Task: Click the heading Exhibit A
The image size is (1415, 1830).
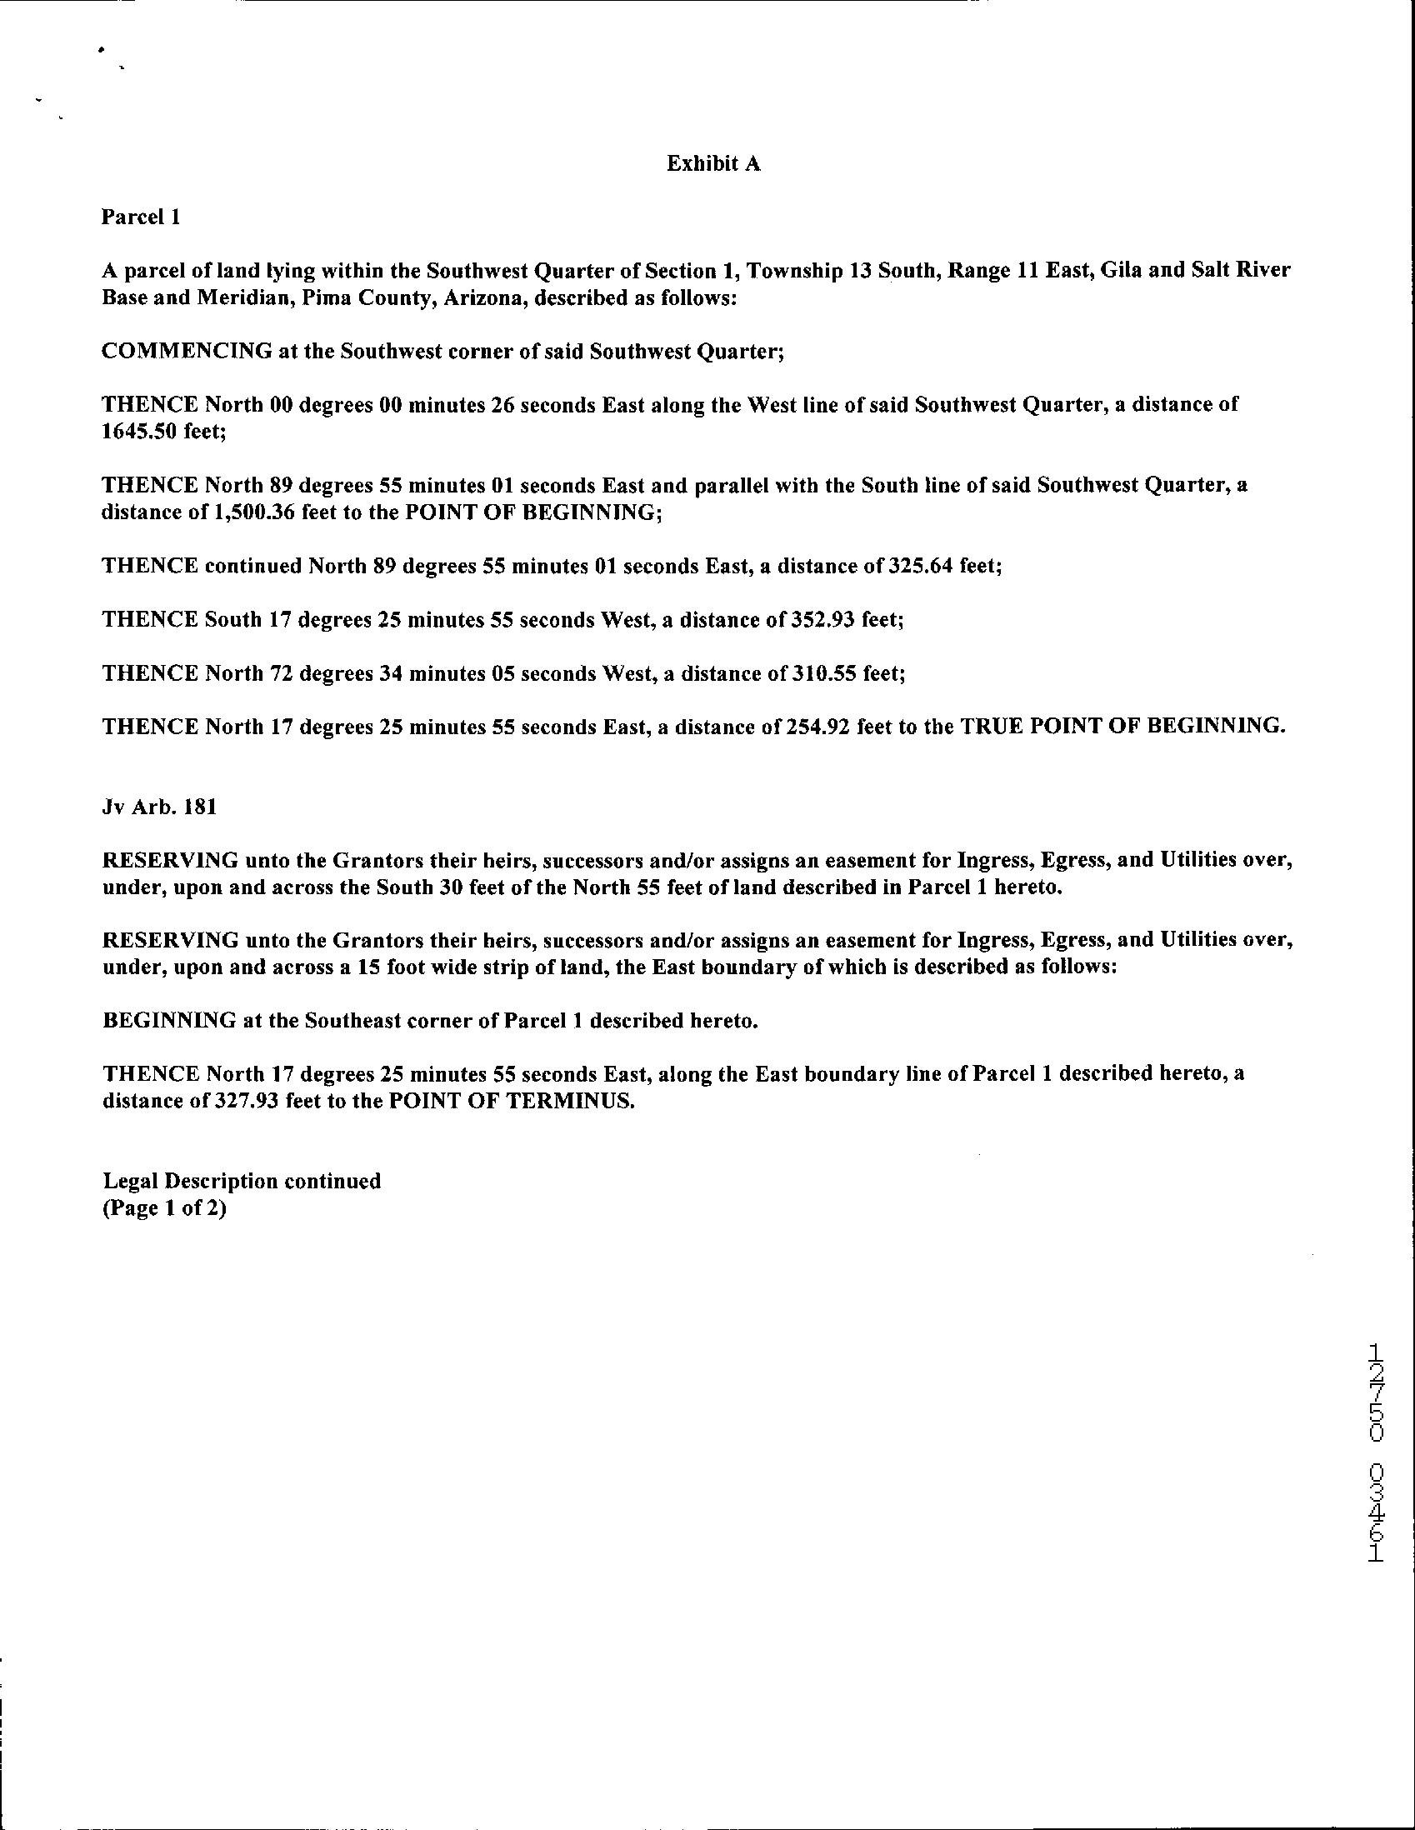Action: click(x=713, y=164)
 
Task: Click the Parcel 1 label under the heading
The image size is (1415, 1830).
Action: click(x=141, y=217)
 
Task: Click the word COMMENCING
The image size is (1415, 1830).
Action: click(x=186, y=352)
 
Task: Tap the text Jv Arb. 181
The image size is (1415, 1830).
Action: click(x=159, y=807)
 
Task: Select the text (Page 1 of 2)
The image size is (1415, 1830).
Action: click(x=164, y=1209)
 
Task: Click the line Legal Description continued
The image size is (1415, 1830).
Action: click(x=242, y=1182)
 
